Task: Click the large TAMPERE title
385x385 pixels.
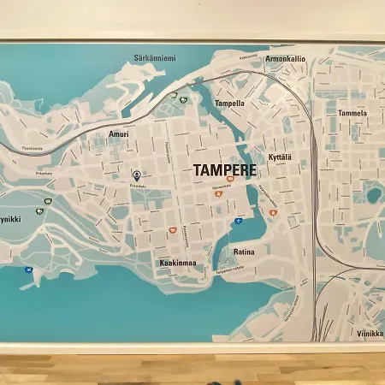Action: point(225,169)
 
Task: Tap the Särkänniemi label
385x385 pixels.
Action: point(155,58)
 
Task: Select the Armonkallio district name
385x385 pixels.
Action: point(285,60)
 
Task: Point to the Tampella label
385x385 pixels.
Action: point(229,104)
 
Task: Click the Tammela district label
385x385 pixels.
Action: point(352,113)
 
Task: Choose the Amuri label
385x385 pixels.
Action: point(119,134)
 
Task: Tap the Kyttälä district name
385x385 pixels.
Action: point(280,157)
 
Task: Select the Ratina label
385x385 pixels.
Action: point(244,252)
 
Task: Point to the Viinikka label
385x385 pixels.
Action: point(370,335)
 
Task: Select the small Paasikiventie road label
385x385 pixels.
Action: point(33,147)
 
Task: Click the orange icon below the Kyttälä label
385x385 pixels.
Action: point(273,212)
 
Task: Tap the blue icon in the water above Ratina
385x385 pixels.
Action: point(238,220)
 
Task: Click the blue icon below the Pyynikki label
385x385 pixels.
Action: point(28,270)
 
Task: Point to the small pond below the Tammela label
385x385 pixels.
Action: point(373,194)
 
